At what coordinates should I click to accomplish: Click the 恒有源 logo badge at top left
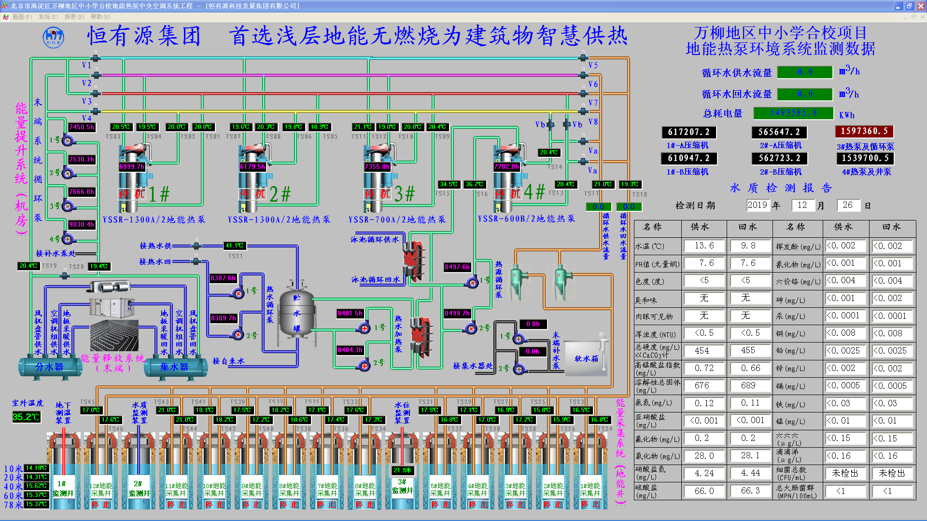[53, 37]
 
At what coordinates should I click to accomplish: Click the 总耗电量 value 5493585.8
[793, 113]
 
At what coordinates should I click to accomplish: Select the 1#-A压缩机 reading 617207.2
[688, 132]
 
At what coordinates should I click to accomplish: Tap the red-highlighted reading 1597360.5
[864, 131]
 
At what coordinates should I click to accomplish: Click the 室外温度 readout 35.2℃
[26, 417]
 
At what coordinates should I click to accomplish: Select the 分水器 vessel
[49, 367]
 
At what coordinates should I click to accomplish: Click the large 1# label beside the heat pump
[159, 194]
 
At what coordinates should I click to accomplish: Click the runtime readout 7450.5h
[82, 127]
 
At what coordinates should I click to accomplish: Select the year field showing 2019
[757, 205]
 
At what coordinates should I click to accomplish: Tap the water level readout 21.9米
[402, 470]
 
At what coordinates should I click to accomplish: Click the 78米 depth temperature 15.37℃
[36, 504]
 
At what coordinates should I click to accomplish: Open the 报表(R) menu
[74, 17]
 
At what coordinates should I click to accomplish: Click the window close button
[920, 6]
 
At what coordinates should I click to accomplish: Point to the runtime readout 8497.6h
[457, 267]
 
